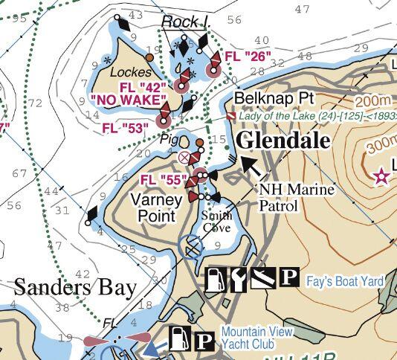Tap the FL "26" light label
(x=246, y=56)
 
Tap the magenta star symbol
(x=381, y=176)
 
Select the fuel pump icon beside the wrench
(x=216, y=279)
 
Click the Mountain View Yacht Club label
(x=258, y=338)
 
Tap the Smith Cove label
(x=217, y=221)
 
